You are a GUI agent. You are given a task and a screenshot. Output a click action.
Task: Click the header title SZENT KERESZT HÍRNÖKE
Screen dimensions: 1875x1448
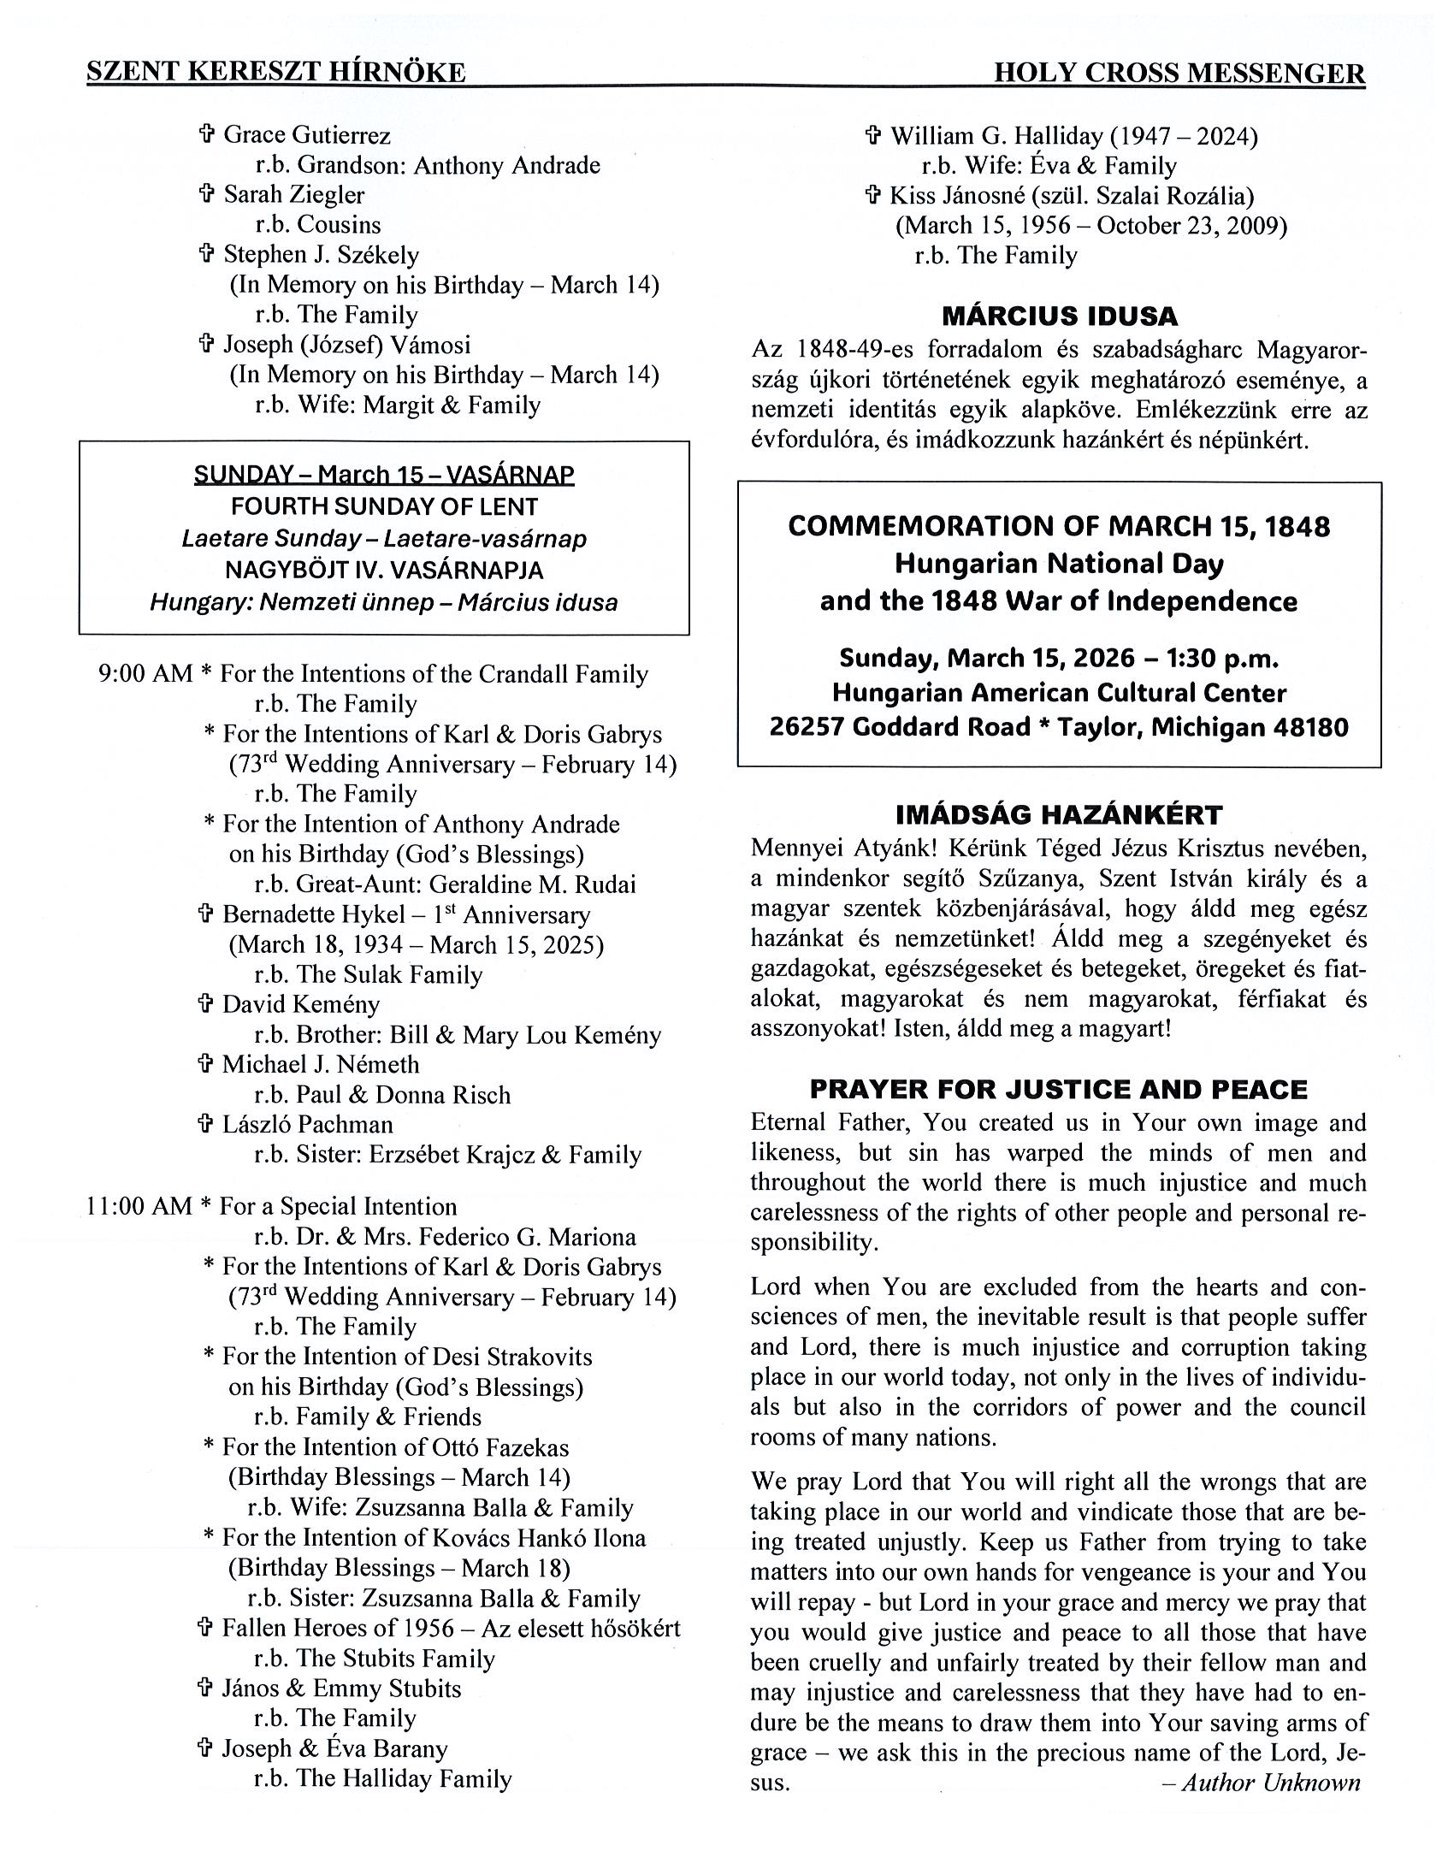(x=275, y=72)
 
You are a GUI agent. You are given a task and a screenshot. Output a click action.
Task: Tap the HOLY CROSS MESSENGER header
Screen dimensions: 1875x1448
(x=1179, y=74)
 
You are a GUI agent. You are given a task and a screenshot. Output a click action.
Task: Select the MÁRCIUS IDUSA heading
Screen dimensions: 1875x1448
(x=1059, y=316)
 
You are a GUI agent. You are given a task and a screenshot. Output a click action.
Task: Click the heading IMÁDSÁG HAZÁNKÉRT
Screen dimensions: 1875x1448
(x=1058, y=813)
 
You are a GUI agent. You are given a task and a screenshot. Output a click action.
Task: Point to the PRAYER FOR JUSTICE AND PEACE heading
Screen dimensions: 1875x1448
(x=1058, y=1090)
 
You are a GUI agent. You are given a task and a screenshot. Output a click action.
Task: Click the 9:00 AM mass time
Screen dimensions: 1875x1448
(x=145, y=674)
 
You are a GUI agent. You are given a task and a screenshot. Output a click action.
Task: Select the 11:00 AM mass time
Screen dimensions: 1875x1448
(x=139, y=1206)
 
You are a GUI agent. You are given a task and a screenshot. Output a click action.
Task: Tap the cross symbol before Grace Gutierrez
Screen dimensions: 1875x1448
(x=206, y=134)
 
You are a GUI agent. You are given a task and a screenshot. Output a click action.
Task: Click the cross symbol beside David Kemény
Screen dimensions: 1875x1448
(x=205, y=1003)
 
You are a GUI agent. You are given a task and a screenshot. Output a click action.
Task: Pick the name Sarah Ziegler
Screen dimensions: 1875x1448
(x=293, y=195)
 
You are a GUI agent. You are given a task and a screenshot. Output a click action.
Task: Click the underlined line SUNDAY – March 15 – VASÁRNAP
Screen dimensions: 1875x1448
(x=384, y=474)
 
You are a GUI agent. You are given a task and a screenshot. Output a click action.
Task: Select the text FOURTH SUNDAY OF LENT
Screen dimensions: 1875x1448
(x=385, y=506)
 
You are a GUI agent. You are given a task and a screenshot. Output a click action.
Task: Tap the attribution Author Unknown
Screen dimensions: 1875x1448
(x=1270, y=1783)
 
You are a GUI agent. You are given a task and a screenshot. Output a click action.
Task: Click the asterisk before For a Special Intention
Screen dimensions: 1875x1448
(x=206, y=1206)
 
